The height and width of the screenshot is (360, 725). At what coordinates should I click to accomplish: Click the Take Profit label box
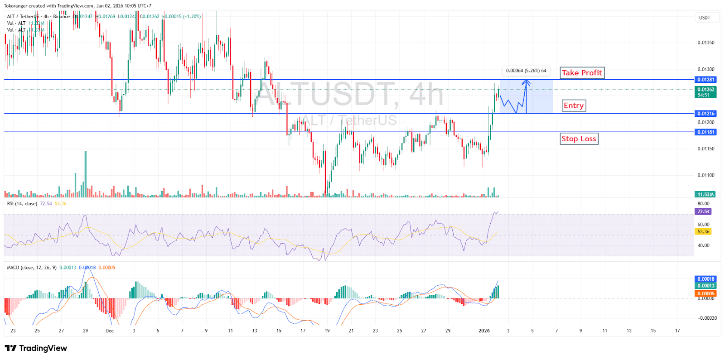coord(582,73)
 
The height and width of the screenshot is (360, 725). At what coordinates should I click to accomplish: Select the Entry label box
coord(574,106)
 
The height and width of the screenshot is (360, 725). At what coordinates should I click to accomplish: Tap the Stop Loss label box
coord(579,139)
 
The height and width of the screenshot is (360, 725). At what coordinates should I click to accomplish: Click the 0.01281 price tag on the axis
coord(706,80)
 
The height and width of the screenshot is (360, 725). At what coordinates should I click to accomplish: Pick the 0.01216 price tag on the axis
coord(706,114)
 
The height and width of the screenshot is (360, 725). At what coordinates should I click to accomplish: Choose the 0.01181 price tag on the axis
coord(706,132)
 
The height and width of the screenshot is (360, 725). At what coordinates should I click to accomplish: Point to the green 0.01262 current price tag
coord(706,92)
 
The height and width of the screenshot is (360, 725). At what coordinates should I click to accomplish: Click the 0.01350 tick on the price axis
coord(706,43)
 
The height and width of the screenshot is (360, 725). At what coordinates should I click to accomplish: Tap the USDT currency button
coord(705,18)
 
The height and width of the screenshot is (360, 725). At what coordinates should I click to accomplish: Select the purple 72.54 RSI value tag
coord(703,211)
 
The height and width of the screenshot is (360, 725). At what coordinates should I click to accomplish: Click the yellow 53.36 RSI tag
coord(703,232)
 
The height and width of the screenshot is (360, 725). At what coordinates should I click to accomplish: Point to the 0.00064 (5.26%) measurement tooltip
coord(526,71)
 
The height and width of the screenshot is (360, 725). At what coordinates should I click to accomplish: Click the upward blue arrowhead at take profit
coord(526,82)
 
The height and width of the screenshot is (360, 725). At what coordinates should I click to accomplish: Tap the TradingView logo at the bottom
coord(36,348)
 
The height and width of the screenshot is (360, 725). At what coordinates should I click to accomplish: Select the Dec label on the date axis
coord(110,331)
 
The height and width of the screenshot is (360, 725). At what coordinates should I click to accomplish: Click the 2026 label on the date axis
coord(484,331)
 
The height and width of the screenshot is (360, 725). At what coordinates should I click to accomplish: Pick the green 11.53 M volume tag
coord(706,195)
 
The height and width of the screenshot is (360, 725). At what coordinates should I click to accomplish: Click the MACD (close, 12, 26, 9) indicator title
coord(32,268)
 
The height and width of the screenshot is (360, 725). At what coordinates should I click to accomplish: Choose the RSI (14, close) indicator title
coord(22,204)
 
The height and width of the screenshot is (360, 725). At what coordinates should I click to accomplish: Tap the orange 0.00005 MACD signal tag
coord(706,293)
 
